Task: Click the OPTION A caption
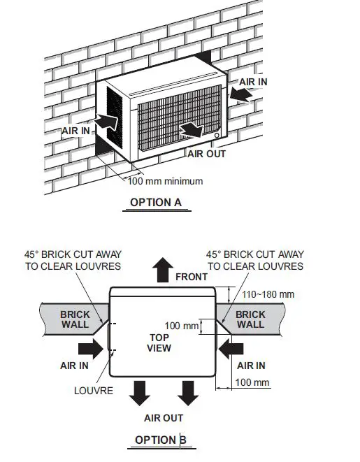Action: tap(156, 203)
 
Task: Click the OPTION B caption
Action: tap(160, 440)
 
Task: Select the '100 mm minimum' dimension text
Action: tap(166, 182)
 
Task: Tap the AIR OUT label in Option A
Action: tap(206, 153)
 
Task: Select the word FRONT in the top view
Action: tap(192, 277)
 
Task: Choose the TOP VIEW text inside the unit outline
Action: tap(160, 342)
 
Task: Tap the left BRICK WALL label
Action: tap(75, 319)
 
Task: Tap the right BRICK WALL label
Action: tap(250, 319)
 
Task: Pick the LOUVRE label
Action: tap(94, 390)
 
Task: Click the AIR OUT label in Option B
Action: tap(164, 418)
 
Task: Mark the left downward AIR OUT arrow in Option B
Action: tap(140, 392)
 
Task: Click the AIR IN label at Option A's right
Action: tap(253, 82)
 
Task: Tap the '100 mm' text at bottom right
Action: tap(252, 382)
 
